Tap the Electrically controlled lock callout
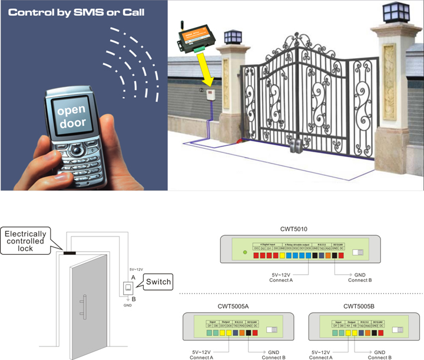click(x=25, y=242)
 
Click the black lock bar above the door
click(x=69, y=254)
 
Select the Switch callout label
click(x=158, y=282)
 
